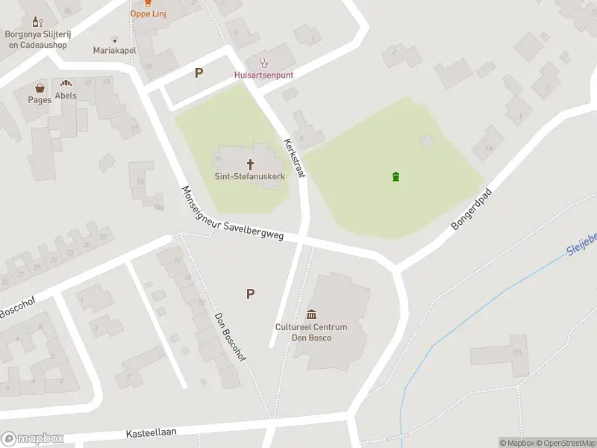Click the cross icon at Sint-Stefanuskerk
coord(250,164)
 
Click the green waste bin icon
coord(396,177)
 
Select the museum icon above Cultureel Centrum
coord(311,314)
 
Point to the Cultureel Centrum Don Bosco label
coord(311,332)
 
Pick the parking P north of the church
coord(199,72)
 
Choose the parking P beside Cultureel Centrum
coord(250,293)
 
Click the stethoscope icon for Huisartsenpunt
coord(263,62)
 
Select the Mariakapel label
coord(114,51)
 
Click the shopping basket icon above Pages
coord(40,88)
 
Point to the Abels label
coord(66,96)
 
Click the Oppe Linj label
coord(148,13)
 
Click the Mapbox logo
coord(33,439)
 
